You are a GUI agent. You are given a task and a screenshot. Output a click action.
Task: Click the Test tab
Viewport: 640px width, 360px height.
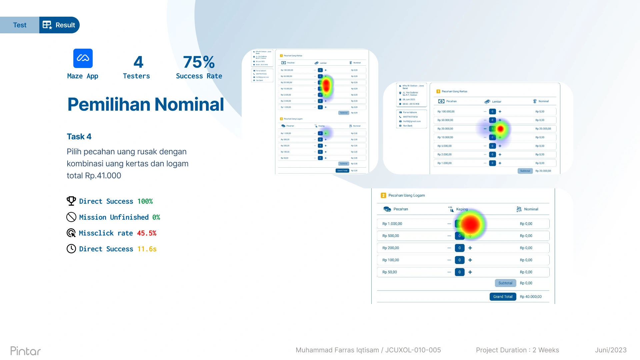pos(20,25)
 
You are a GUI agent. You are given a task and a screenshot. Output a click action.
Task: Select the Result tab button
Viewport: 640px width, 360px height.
pos(59,25)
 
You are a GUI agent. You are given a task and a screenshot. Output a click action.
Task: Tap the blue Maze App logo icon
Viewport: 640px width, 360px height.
pos(83,58)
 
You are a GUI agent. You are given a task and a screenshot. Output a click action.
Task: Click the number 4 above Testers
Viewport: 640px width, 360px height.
pos(138,62)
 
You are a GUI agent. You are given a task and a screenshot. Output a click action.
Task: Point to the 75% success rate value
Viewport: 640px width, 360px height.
pos(199,62)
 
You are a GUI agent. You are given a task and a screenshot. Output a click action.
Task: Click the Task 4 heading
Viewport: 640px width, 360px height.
pos(79,137)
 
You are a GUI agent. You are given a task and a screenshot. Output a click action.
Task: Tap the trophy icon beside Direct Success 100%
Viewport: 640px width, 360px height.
pos(71,201)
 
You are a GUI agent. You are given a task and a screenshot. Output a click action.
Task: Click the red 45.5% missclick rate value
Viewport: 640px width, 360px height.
pos(147,233)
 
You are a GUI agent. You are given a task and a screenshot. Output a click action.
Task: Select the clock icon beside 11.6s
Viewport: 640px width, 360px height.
pos(71,249)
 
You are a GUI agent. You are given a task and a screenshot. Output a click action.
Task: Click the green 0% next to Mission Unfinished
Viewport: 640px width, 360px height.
pos(156,217)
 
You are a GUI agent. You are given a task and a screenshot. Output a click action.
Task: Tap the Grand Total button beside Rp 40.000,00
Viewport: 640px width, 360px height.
pos(503,297)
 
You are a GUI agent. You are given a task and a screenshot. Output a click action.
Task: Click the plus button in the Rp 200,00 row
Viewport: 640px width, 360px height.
pos(470,248)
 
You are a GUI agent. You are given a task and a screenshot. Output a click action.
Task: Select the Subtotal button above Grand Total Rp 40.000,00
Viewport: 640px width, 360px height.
pos(505,283)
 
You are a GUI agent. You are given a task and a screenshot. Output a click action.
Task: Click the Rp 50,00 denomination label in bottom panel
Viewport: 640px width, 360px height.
pos(390,272)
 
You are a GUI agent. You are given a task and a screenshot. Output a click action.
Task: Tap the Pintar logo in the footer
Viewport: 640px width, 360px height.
pos(26,351)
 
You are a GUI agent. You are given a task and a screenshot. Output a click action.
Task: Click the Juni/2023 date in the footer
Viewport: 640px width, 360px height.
pos(611,350)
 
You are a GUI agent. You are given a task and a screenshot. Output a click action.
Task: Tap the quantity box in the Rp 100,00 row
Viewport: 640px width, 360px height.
pos(459,260)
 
